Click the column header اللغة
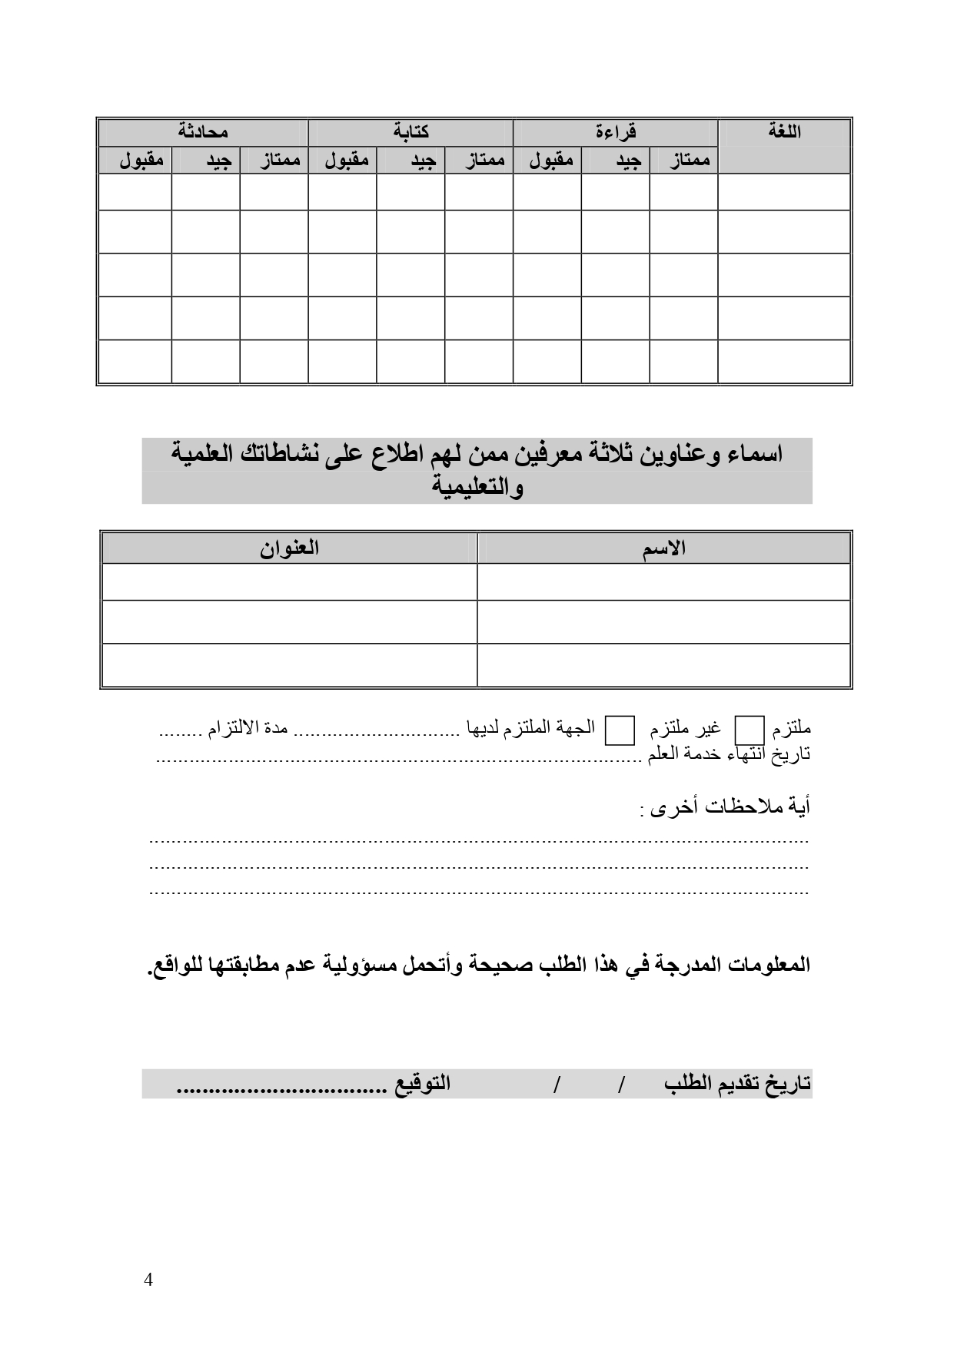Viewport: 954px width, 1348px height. click(x=784, y=131)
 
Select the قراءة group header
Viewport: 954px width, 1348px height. click(x=616, y=132)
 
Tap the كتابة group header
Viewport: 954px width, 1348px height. click(x=411, y=132)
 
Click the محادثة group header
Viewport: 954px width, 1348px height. click(x=203, y=132)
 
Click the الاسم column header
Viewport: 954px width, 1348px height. click(x=664, y=548)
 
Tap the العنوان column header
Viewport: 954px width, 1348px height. click(x=288, y=548)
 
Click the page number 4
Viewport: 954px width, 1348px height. click(x=148, y=1280)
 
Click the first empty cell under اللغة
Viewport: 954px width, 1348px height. click(x=784, y=191)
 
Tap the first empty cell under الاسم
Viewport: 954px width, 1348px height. click(x=664, y=582)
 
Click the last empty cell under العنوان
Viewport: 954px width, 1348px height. click(x=288, y=665)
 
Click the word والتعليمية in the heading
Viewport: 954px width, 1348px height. click(x=477, y=488)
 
